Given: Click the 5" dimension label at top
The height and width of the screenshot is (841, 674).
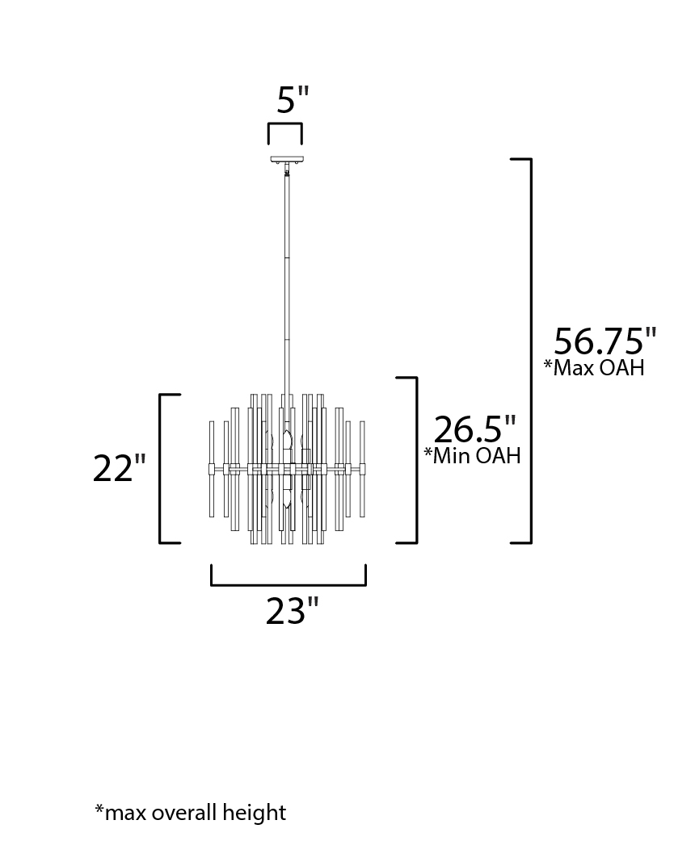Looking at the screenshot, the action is (293, 100).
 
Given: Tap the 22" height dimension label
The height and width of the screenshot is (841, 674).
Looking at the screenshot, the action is (120, 468).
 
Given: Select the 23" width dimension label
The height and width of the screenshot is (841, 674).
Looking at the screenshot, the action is (293, 611).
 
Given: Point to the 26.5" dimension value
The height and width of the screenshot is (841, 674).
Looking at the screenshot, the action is (474, 429).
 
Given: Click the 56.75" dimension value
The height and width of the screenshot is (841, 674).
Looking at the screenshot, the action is (605, 341).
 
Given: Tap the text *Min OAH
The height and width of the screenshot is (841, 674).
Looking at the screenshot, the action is (473, 455).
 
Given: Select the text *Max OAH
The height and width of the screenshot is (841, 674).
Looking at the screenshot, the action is (594, 367).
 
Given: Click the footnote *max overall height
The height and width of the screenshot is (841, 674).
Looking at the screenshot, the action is (191, 813).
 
